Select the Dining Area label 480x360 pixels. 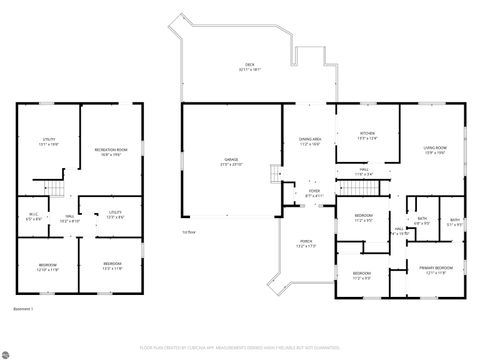[x=310, y=139]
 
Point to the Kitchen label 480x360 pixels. [x=367, y=132]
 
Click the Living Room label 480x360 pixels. [x=435, y=147]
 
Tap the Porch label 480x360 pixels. [x=304, y=242]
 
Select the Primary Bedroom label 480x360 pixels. [x=434, y=268]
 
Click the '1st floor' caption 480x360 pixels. [x=188, y=232]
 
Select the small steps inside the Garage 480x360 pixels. [x=273, y=175]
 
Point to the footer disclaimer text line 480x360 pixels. [x=240, y=347]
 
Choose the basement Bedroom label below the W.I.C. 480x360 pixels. [x=34, y=265]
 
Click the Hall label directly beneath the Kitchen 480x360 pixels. [x=366, y=170]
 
